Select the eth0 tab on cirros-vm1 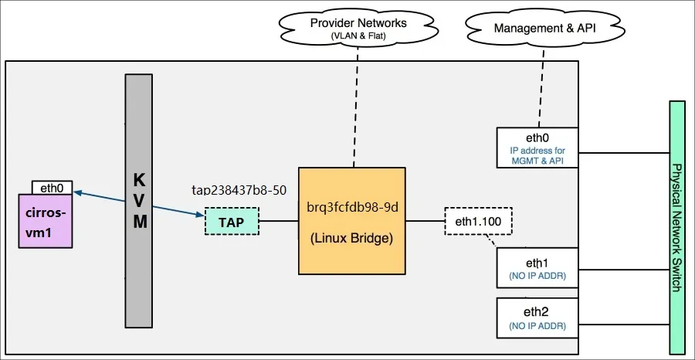click(x=53, y=187)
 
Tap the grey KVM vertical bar click(x=140, y=201)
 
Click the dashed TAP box click(x=231, y=222)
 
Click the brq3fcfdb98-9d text click(x=351, y=206)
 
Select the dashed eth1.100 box click(x=479, y=221)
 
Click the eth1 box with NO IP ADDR click(x=537, y=268)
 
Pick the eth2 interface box click(x=537, y=318)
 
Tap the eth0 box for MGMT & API click(x=537, y=148)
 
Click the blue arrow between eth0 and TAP click(x=139, y=203)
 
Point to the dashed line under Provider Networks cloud click(x=354, y=108)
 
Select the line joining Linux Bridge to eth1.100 click(x=425, y=221)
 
